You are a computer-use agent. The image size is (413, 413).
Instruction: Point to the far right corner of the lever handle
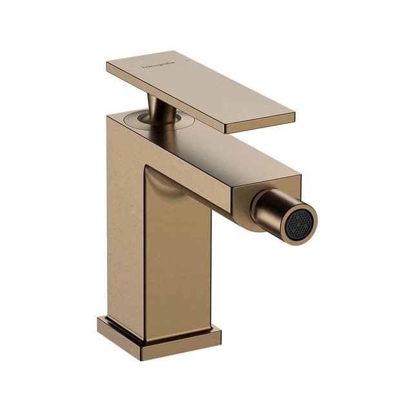point(294,116)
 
